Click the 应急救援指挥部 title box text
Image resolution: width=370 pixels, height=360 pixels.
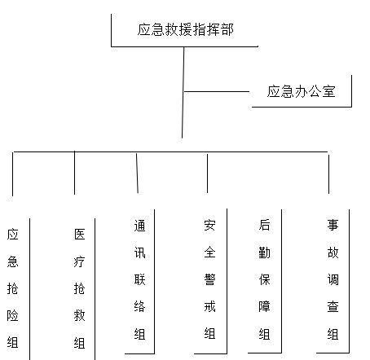tap(185, 29)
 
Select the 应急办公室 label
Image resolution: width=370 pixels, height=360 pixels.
tap(301, 91)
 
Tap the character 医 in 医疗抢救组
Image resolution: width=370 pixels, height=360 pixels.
tap(80, 235)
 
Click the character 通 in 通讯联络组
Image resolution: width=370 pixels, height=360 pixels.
tap(140, 226)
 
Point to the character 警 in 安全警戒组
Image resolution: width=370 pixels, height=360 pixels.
tap(209, 279)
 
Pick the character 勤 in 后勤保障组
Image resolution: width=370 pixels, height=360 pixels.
tap(264, 252)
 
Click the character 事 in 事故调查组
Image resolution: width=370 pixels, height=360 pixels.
tap(333, 225)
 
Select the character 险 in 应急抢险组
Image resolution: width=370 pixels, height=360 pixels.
tap(13, 315)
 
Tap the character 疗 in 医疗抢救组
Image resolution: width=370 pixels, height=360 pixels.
tap(80, 261)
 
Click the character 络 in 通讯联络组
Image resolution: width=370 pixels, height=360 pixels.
tap(140, 307)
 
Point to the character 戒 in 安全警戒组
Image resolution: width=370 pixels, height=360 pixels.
tap(209, 306)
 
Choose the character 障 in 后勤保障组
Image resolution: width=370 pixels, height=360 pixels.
tap(264, 306)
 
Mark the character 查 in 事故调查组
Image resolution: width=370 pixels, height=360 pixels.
tap(333, 307)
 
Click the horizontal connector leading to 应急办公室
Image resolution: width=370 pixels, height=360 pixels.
tap(217, 91)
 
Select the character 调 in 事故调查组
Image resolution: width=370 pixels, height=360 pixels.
tap(333, 279)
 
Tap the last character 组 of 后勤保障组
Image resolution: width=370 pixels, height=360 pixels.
tap(264, 334)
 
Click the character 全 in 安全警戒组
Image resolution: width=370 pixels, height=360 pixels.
tap(209, 252)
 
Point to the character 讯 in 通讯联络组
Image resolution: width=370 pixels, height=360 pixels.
tap(140, 252)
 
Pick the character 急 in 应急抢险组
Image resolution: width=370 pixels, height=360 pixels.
tap(13, 261)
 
